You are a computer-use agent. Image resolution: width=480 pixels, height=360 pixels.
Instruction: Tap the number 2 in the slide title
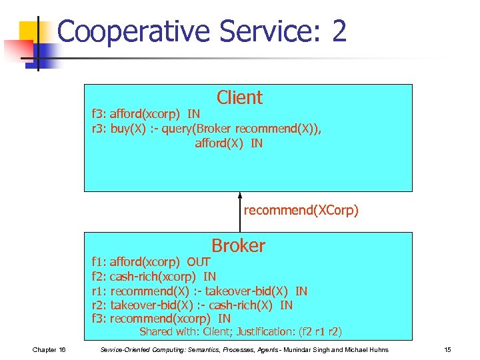(338, 31)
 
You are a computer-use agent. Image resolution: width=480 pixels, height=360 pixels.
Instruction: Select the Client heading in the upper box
(239, 98)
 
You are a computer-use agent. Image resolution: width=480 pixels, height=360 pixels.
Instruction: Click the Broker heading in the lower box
(238, 246)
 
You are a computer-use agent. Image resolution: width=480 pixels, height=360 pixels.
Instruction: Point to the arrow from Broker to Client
(240, 212)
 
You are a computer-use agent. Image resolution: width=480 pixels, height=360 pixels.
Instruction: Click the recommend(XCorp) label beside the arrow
(301, 211)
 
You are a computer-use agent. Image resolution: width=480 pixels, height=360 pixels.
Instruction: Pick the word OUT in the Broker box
(199, 262)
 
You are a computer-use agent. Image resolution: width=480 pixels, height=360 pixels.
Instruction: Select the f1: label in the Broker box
(99, 262)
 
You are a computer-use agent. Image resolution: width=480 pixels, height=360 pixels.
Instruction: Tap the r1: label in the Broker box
(99, 291)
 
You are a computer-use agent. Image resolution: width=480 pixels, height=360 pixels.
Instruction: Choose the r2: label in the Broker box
(99, 305)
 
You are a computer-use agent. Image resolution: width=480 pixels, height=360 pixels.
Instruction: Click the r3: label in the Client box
(99, 129)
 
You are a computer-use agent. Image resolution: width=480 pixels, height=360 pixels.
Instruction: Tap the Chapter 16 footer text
(49, 350)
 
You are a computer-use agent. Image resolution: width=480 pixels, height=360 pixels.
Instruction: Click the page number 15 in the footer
(447, 350)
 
